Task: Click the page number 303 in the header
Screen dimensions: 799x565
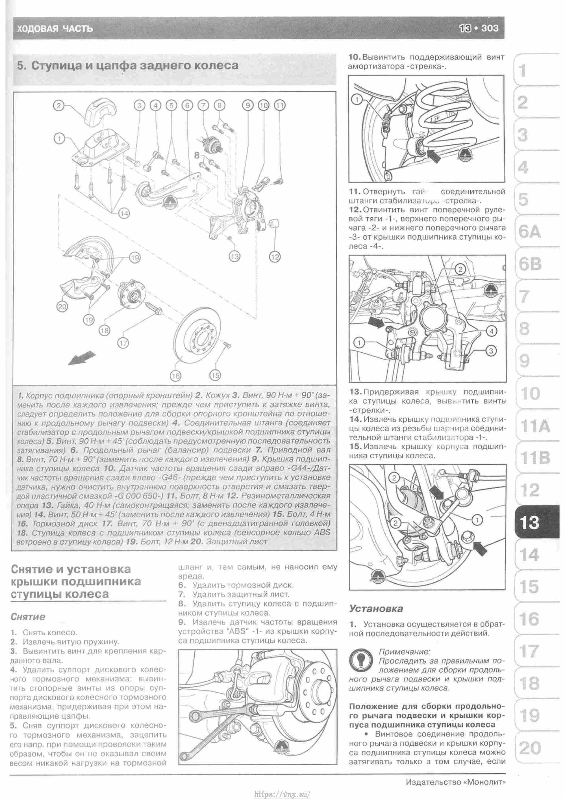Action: pyautogui.click(x=490, y=28)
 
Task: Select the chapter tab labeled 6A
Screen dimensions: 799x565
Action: pyautogui.click(x=529, y=232)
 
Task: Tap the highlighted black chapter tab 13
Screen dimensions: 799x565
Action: pyautogui.click(x=529, y=522)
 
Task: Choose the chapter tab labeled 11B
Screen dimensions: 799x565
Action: pyautogui.click(x=535, y=458)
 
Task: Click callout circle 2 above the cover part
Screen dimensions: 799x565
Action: pyautogui.click(x=59, y=105)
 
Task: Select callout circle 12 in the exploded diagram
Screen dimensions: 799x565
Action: pyautogui.click(x=275, y=257)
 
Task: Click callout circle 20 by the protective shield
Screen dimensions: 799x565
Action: pyautogui.click(x=62, y=307)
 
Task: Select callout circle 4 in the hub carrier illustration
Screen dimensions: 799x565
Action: pyautogui.click(x=491, y=332)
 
